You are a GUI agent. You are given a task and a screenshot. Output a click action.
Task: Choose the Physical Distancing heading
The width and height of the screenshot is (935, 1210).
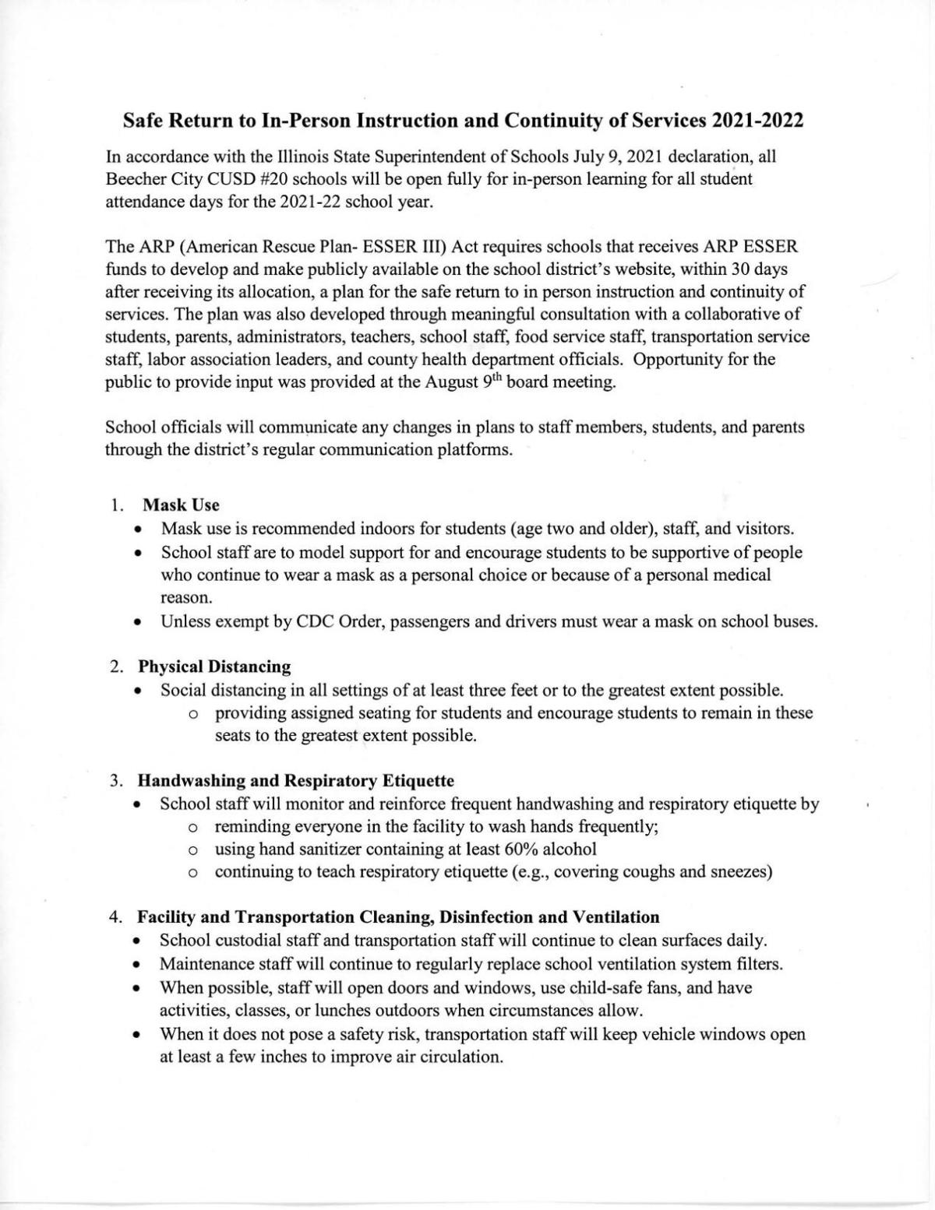pos(214,667)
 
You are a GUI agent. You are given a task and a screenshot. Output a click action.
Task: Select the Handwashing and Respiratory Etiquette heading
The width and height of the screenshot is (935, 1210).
pos(296,780)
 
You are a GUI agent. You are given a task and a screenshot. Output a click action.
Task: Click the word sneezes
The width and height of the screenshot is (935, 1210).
pos(741,871)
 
